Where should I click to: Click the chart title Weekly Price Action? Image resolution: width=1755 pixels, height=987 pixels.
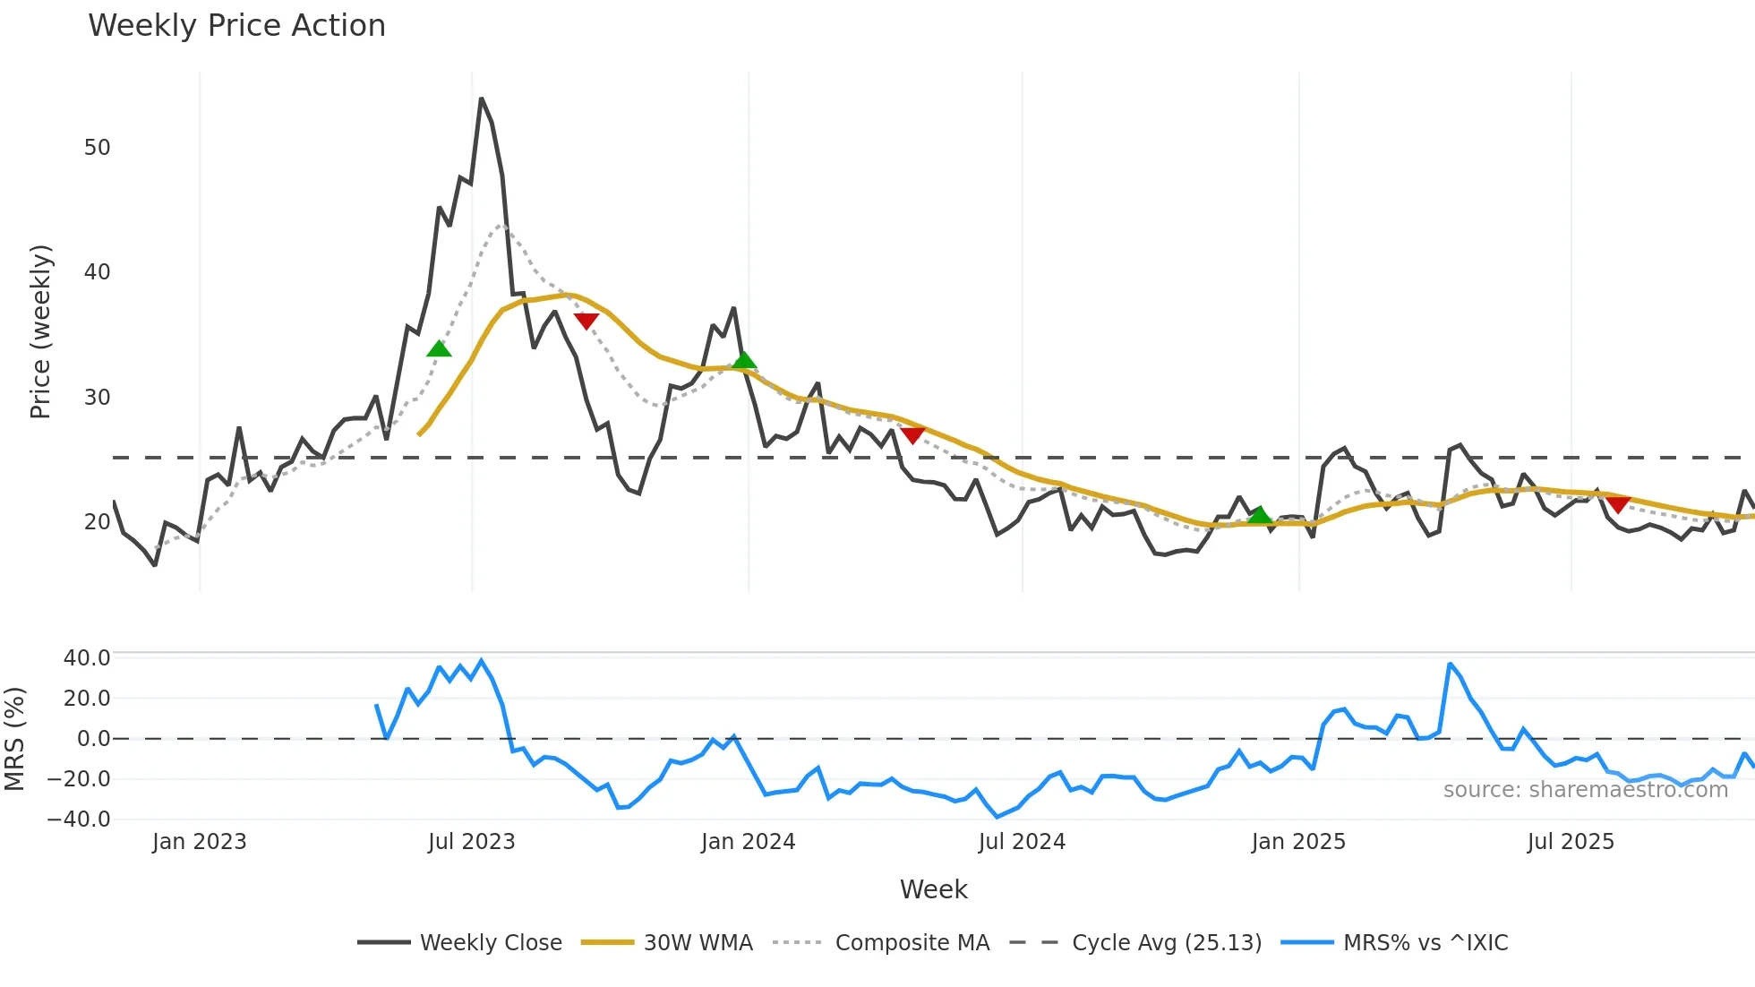coord(236,26)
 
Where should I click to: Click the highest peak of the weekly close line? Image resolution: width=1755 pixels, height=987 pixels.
coord(481,99)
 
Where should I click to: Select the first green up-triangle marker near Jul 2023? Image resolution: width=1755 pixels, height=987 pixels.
coord(439,348)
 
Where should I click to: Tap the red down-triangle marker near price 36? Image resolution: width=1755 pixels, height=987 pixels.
coord(586,321)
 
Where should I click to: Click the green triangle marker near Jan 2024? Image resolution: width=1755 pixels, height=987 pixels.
coord(744,361)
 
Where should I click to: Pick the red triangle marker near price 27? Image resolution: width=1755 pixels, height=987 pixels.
coord(912,435)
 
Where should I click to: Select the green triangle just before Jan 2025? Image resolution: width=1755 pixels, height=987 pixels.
coord(1260,514)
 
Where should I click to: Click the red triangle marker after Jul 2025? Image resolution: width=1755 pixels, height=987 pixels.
coord(1618,504)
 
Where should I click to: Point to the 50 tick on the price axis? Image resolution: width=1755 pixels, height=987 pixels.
coord(97,148)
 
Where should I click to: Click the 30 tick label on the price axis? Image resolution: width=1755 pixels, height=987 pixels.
coord(97,398)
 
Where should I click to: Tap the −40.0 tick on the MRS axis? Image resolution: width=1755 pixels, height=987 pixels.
coord(79,820)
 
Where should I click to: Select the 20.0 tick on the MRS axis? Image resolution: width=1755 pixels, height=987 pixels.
coord(86,699)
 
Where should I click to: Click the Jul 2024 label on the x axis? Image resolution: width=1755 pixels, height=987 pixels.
coord(1022,842)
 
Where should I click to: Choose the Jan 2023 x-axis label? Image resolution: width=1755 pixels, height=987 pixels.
coord(199,842)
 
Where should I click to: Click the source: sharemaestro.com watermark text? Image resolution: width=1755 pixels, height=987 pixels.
coord(1585,790)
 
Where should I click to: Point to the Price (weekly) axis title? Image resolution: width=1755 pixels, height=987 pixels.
coord(40,331)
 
